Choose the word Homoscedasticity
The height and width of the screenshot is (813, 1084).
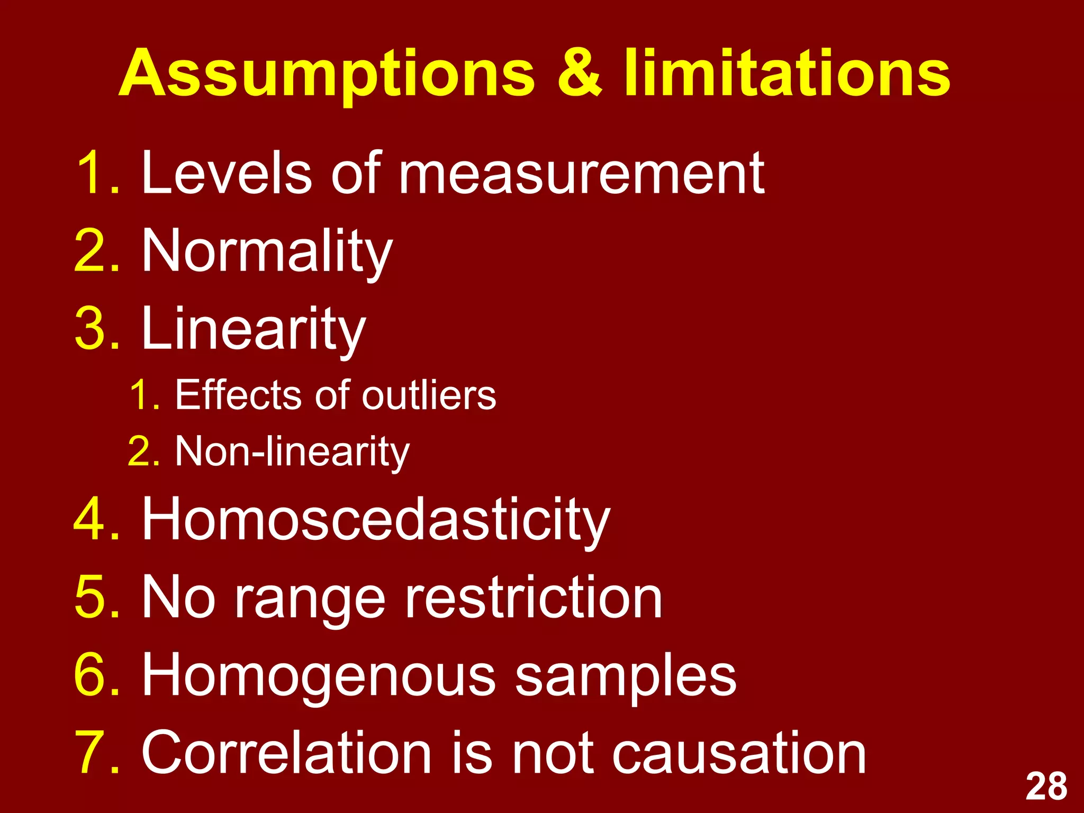pyautogui.click(x=376, y=520)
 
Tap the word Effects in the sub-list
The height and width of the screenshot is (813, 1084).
pyautogui.click(x=240, y=395)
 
